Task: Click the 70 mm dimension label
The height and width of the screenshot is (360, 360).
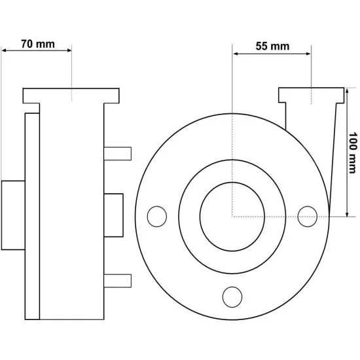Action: [x=38, y=44]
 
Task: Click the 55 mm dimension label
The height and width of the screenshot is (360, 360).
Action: [x=272, y=46]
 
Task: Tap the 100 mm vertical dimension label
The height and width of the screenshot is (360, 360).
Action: [x=353, y=153]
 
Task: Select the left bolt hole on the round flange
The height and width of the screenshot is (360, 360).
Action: [x=157, y=217]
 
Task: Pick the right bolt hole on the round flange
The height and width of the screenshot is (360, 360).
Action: [x=308, y=217]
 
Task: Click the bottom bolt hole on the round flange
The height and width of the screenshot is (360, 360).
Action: [x=232, y=297]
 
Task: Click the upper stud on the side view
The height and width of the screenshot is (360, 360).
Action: [x=118, y=154]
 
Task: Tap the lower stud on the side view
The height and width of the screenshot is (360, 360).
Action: [x=118, y=281]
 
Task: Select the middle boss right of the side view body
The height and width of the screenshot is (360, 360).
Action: [x=113, y=215]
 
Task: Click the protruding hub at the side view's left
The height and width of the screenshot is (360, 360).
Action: [x=13, y=215]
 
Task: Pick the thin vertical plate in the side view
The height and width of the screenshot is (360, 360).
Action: [x=32, y=216]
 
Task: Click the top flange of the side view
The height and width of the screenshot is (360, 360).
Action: [x=71, y=96]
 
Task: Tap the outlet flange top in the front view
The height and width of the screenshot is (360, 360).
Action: [x=312, y=95]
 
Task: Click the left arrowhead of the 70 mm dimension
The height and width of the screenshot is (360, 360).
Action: [x=4, y=50]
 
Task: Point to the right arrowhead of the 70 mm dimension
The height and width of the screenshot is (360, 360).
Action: [x=69, y=50]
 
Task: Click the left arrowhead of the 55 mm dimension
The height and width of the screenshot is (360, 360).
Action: [x=236, y=54]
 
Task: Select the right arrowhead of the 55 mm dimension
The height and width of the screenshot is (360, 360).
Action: [x=308, y=54]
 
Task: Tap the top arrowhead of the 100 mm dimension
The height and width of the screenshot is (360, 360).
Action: [x=347, y=91]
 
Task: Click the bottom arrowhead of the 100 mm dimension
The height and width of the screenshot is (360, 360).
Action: [x=347, y=214]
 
